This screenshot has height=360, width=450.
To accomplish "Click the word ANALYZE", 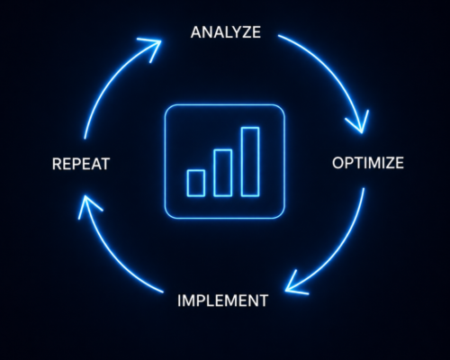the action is tap(226, 32).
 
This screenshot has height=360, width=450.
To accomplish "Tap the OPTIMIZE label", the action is tap(368, 163).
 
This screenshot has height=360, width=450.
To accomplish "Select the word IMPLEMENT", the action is tap(222, 301).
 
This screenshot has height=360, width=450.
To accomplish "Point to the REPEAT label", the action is tap(81, 164).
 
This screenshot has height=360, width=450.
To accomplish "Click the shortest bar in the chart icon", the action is tap(196, 183).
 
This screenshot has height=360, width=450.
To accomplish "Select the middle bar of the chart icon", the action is tap(222, 173).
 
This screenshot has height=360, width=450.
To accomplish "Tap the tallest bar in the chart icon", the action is tap(250, 162).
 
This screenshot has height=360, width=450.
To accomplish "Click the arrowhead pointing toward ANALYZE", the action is tap(153, 48).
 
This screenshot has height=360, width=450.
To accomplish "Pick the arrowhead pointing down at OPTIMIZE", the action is tap(359, 123).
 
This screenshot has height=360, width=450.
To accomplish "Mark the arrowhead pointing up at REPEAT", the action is tap(87, 205).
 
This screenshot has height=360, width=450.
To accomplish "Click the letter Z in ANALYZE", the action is tap(245, 32).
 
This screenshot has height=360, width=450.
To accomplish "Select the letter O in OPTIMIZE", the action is tap(338, 163).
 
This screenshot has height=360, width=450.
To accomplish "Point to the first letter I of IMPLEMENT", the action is tap(179, 301).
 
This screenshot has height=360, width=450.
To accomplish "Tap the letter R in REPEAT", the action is tap(57, 164).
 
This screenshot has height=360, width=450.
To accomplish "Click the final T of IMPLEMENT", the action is tap(263, 301).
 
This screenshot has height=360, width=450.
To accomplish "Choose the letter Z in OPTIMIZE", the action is tap(389, 163).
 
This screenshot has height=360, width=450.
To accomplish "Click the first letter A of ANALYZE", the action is tap(196, 32).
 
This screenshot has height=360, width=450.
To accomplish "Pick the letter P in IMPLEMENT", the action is tap(201, 301).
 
